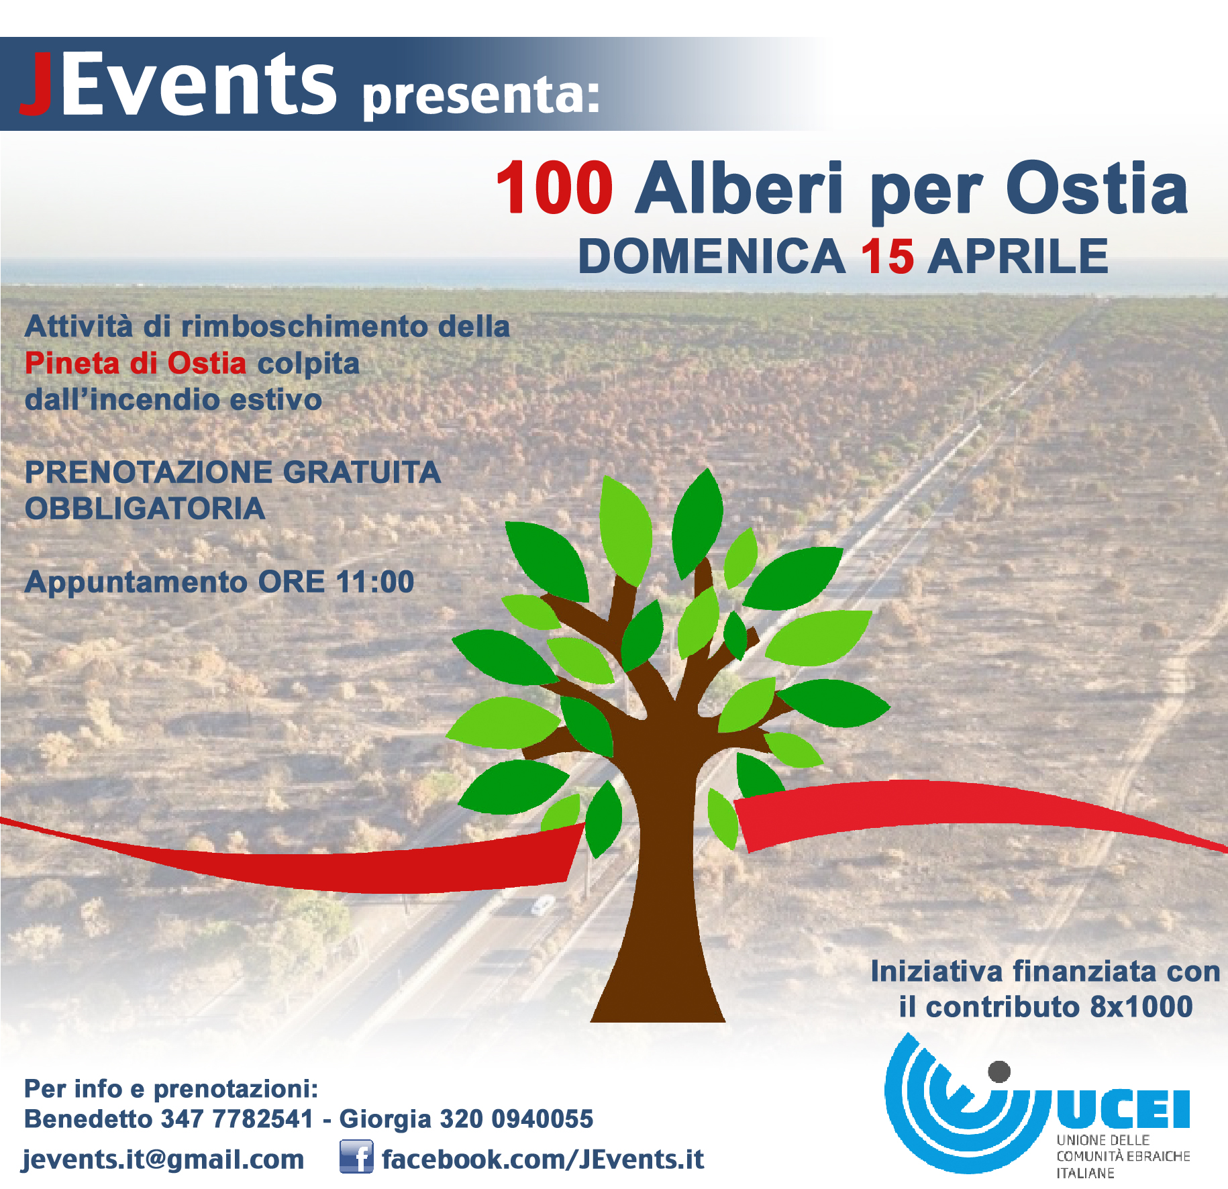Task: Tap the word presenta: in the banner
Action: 480,96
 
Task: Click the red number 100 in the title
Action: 554,188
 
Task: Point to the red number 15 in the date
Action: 887,256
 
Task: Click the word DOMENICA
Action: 711,256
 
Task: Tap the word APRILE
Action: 1018,256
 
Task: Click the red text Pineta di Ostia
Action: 136,363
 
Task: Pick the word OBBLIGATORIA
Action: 145,509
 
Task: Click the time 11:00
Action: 375,582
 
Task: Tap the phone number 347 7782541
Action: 238,1119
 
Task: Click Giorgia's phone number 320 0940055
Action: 516,1119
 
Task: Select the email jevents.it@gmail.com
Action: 164,1159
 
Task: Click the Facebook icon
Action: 356,1157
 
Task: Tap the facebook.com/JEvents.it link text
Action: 543,1159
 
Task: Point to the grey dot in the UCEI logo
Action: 999,1072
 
